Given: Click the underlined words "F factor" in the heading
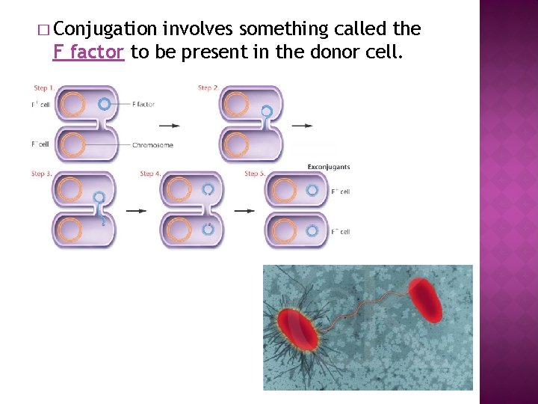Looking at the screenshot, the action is click(89, 52).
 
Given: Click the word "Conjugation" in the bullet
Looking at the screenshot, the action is click(105, 29).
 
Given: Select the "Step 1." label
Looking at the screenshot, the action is click(44, 88).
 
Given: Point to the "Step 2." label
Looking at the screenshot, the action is click(208, 88).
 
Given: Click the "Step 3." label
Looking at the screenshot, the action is click(42, 174).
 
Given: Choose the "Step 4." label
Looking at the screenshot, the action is click(150, 174).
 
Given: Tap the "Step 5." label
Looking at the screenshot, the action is click(255, 174).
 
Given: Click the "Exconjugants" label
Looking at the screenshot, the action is click(329, 167).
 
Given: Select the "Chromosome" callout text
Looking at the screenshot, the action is click(152, 145).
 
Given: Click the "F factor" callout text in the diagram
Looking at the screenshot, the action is click(143, 105).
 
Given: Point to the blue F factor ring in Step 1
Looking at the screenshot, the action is click(105, 105).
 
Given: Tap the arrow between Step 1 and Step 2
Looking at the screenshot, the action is click(170, 126).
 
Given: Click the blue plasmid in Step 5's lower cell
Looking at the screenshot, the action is click(313, 230).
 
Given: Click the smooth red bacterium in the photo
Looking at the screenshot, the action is click(424, 300).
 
